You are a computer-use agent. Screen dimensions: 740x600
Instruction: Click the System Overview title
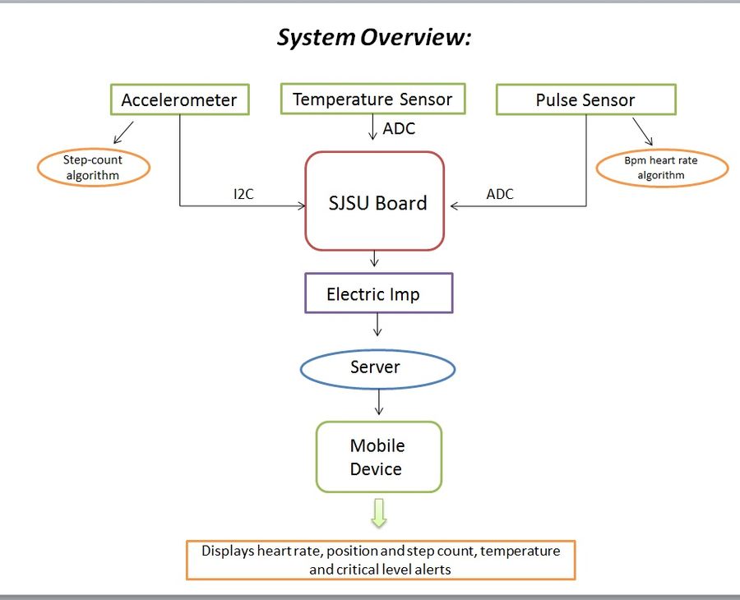pos(374,37)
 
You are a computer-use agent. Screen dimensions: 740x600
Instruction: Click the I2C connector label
pos(243,194)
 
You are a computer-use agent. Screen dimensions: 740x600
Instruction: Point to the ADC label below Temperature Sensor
pos(399,128)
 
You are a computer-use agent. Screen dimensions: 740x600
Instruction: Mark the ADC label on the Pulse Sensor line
pos(500,194)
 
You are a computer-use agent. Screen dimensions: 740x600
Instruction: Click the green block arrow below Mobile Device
pos(379,513)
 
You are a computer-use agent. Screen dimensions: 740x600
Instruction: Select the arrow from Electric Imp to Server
pos(377,325)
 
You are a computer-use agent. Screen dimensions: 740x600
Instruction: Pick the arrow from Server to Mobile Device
pos(378,402)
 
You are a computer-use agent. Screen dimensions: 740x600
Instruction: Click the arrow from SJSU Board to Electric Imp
pos(374,258)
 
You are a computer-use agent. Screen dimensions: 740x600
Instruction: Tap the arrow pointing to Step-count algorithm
pos(123,132)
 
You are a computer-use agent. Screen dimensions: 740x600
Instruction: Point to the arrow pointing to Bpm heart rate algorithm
pos(643,132)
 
